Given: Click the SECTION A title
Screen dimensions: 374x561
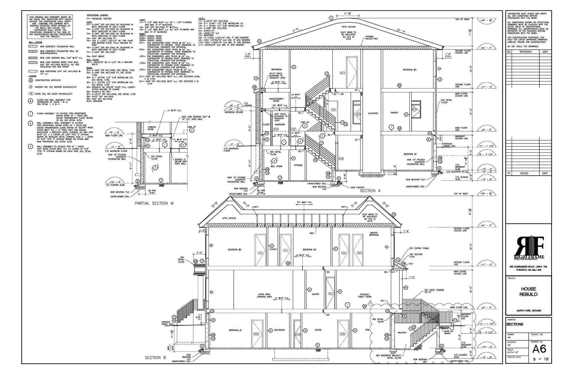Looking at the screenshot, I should tap(370, 191).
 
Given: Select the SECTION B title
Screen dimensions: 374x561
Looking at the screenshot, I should tap(155, 357).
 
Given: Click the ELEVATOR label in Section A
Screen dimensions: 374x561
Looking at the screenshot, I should tap(373, 113).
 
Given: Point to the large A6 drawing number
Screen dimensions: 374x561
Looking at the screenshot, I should tap(539, 349).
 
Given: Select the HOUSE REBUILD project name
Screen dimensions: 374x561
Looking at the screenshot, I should tap(528, 292).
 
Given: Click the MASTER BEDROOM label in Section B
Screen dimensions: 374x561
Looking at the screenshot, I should tap(374, 234).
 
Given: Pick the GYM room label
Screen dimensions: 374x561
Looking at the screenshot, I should tap(367, 330).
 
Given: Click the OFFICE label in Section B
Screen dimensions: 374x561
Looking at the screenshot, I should tap(318, 330).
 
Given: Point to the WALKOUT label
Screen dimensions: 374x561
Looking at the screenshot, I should tap(402, 333).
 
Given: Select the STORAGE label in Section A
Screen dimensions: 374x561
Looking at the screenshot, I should tap(298, 165).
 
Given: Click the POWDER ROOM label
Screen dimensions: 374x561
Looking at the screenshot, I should tap(152, 128).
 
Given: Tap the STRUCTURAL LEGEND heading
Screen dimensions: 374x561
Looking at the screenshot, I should tap(97, 15).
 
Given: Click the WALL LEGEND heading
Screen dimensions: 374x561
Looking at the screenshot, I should tap(35, 42).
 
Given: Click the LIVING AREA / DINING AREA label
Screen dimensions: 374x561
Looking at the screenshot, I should tap(265, 295).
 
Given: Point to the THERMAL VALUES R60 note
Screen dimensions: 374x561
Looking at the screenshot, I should tap(371, 38).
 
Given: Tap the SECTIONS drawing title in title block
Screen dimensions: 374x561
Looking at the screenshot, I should tap(515, 324).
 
